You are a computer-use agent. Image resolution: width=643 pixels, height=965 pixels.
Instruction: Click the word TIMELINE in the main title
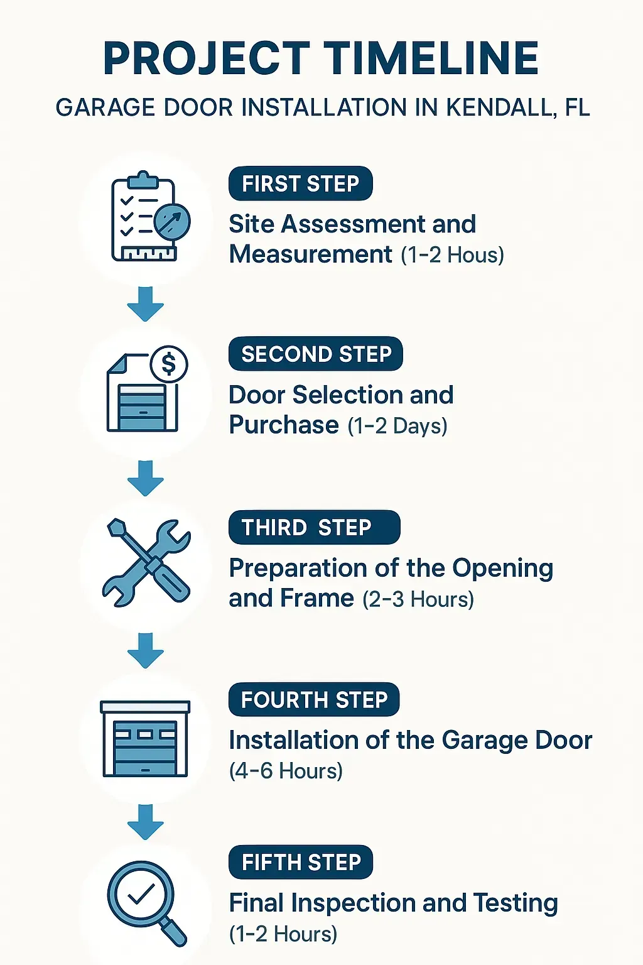(431, 58)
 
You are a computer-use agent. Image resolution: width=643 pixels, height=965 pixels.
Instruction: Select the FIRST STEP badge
(300, 184)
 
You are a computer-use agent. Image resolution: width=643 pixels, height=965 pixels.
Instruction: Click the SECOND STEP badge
(316, 354)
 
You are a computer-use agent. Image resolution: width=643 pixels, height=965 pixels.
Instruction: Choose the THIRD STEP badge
(314, 528)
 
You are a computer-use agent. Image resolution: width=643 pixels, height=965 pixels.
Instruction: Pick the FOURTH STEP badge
(314, 700)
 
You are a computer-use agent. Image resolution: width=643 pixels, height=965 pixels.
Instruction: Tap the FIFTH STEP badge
(301, 863)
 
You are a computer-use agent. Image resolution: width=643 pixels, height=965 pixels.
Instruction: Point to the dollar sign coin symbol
(169, 364)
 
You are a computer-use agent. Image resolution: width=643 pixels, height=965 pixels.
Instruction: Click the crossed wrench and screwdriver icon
(146, 562)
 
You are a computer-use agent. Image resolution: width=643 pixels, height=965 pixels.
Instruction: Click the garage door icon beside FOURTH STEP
(145, 739)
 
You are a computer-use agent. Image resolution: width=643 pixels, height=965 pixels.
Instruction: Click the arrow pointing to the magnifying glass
(145, 821)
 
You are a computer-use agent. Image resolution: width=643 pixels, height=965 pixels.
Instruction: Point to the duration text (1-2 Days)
(397, 426)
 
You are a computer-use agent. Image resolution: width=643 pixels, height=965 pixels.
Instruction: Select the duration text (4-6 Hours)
(286, 771)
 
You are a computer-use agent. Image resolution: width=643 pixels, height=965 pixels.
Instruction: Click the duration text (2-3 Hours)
(418, 599)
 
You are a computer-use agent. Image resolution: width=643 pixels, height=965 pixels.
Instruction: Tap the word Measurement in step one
(311, 254)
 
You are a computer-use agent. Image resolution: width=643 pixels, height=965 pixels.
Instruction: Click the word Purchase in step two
(284, 425)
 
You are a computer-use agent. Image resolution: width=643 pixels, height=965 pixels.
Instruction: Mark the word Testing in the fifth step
(516, 903)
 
